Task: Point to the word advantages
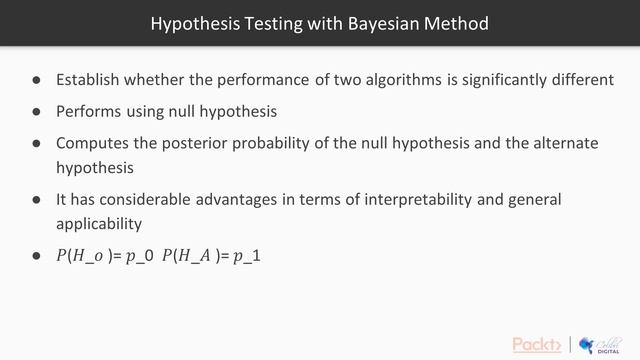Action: pos(251,199)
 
